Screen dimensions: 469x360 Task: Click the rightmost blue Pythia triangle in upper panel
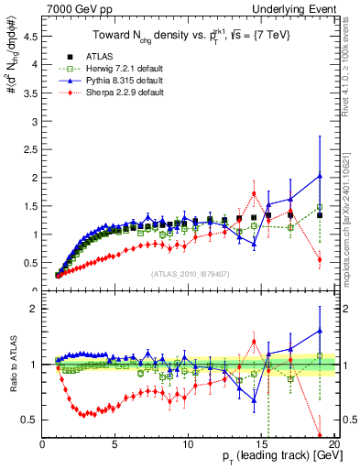pos(319,176)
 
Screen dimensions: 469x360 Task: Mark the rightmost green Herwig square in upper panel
pos(319,207)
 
